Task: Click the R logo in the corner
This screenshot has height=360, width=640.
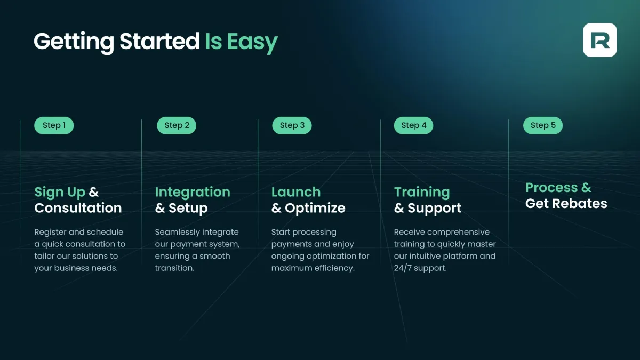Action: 599,40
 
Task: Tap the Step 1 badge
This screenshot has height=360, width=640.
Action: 54,125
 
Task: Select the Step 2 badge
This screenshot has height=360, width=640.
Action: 177,125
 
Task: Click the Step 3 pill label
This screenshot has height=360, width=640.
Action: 292,125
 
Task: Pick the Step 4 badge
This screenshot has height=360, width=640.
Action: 413,125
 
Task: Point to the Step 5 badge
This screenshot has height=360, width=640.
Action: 543,125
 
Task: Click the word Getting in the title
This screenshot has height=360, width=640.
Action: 74,42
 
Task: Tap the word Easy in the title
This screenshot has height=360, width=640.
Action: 253,42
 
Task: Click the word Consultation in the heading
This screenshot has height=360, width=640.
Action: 78,208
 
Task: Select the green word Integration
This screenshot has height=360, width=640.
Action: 193,193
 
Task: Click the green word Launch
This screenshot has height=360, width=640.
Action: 296,192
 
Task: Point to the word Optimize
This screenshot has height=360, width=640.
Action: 315,209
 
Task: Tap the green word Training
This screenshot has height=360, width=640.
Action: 422,193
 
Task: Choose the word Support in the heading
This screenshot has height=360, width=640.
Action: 435,209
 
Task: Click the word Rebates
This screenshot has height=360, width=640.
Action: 580,203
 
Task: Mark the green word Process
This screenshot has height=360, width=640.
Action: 551,188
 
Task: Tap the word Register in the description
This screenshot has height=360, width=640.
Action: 50,233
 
